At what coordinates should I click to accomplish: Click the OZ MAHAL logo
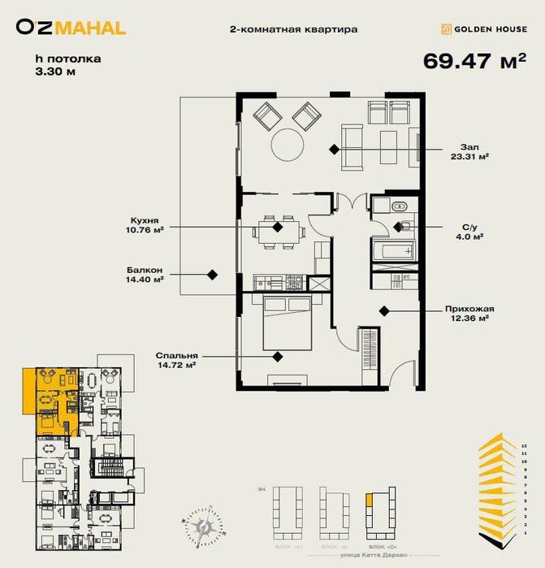click(71, 28)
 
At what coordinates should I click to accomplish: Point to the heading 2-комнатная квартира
click(294, 29)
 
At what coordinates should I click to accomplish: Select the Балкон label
click(145, 274)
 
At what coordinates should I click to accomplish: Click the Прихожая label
click(470, 314)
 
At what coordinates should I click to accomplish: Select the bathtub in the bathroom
click(393, 251)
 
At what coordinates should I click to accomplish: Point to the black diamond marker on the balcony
click(212, 275)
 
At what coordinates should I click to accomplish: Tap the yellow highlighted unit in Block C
click(370, 501)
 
